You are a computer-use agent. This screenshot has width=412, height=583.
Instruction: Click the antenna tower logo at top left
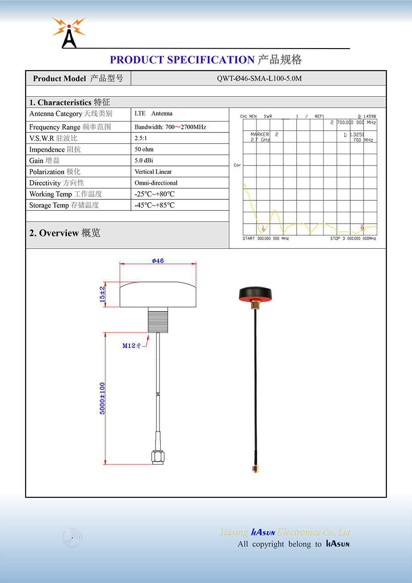click(69, 33)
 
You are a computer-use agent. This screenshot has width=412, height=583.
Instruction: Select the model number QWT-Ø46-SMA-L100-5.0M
click(259, 78)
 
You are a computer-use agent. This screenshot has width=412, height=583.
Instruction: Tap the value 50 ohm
click(144, 149)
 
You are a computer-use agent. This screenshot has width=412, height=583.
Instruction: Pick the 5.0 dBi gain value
click(144, 160)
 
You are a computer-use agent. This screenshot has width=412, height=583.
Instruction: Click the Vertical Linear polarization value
click(153, 172)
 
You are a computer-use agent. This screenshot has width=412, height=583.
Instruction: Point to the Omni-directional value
click(156, 183)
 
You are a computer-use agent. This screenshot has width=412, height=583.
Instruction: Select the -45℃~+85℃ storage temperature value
click(155, 205)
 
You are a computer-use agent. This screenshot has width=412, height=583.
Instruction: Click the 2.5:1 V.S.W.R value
click(141, 138)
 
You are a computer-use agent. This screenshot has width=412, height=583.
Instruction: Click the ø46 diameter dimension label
click(158, 261)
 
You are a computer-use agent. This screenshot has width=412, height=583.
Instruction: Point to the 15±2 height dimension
click(103, 294)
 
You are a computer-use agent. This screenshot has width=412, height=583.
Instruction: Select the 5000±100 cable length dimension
click(103, 398)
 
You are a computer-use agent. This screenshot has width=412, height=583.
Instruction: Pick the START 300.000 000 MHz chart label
click(266, 239)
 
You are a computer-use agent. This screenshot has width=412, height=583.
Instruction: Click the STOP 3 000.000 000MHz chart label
click(353, 239)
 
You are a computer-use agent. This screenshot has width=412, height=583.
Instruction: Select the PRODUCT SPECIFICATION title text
click(182, 60)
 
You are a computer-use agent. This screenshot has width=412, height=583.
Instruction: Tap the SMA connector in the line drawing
click(158, 457)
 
